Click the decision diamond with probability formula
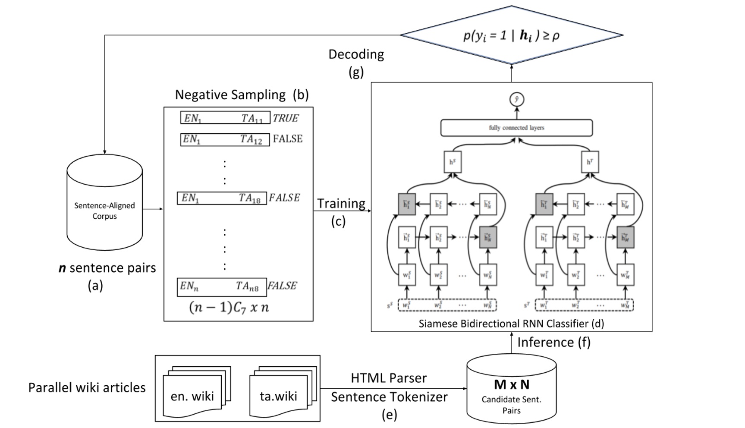pos(511,35)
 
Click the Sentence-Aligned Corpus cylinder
pos(104,203)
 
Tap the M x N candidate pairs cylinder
pos(511,390)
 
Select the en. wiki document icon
pos(192,395)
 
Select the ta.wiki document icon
pos(279,395)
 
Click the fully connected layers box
pos(516,128)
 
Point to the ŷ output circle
pos(516,100)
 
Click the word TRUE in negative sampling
pos(286,118)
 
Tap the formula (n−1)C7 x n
pos(229,308)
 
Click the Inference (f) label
pos(553,342)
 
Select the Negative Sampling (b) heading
pos(242,95)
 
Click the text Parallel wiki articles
pos(87,387)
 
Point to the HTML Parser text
pos(388,378)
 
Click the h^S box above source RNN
pos(453,162)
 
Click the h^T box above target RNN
pos(590,162)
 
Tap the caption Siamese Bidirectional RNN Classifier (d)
pos(511,324)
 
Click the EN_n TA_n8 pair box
pos(222,287)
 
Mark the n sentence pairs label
pos(107,268)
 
